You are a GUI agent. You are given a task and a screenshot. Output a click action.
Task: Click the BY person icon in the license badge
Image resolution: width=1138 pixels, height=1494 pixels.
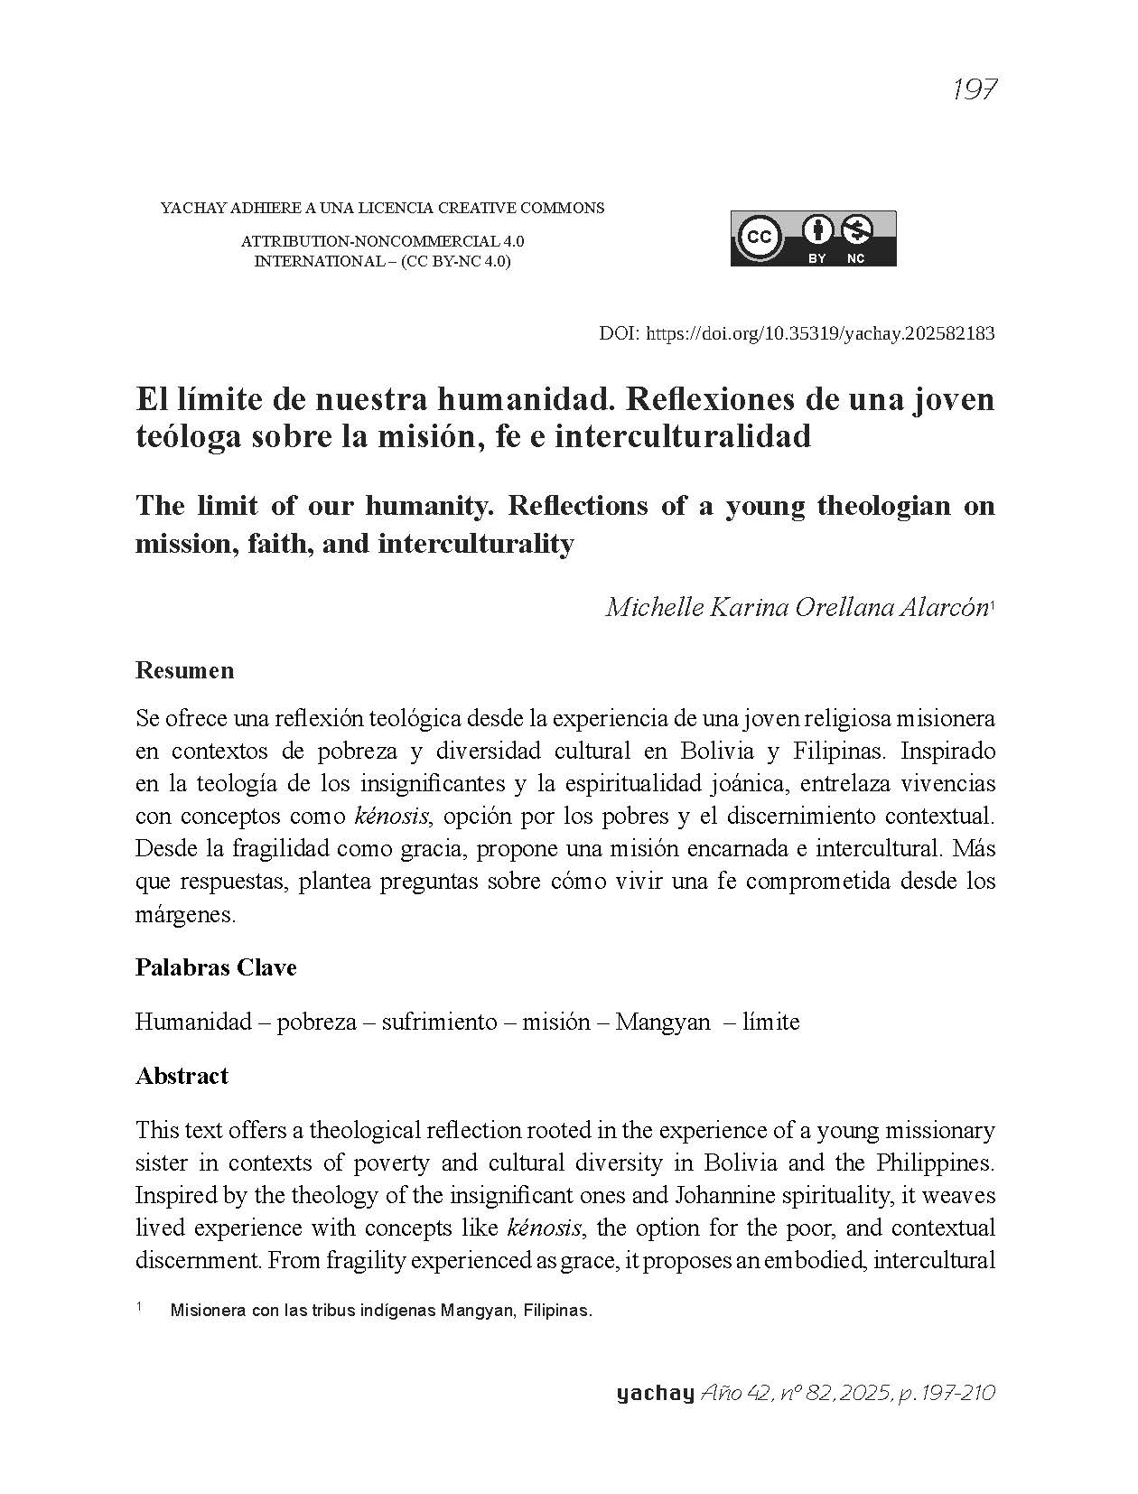tap(817, 230)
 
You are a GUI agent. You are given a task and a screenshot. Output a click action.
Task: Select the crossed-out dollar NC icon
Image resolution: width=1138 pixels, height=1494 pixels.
tap(855, 230)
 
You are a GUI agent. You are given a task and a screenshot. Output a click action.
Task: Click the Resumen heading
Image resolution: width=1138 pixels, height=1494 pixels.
tap(184, 670)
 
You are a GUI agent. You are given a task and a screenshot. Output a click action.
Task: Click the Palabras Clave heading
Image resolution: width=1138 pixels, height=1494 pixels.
tap(216, 967)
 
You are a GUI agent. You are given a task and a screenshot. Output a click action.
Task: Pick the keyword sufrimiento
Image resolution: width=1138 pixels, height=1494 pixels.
tap(438, 1022)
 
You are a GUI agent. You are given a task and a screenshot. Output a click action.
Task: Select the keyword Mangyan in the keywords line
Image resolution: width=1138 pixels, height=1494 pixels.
tap(662, 1022)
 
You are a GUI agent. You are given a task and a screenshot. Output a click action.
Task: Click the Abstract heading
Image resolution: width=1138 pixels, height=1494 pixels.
tap(182, 1076)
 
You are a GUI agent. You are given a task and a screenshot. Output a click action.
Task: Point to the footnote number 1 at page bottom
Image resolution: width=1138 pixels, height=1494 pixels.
tap(139, 1307)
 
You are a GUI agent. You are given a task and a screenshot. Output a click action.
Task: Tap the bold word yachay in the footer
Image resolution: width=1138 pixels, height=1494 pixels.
tap(655, 1393)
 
